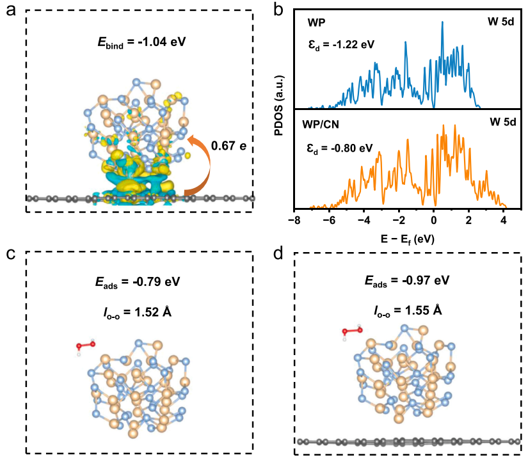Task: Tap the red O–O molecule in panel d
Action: tap(351, 331)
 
